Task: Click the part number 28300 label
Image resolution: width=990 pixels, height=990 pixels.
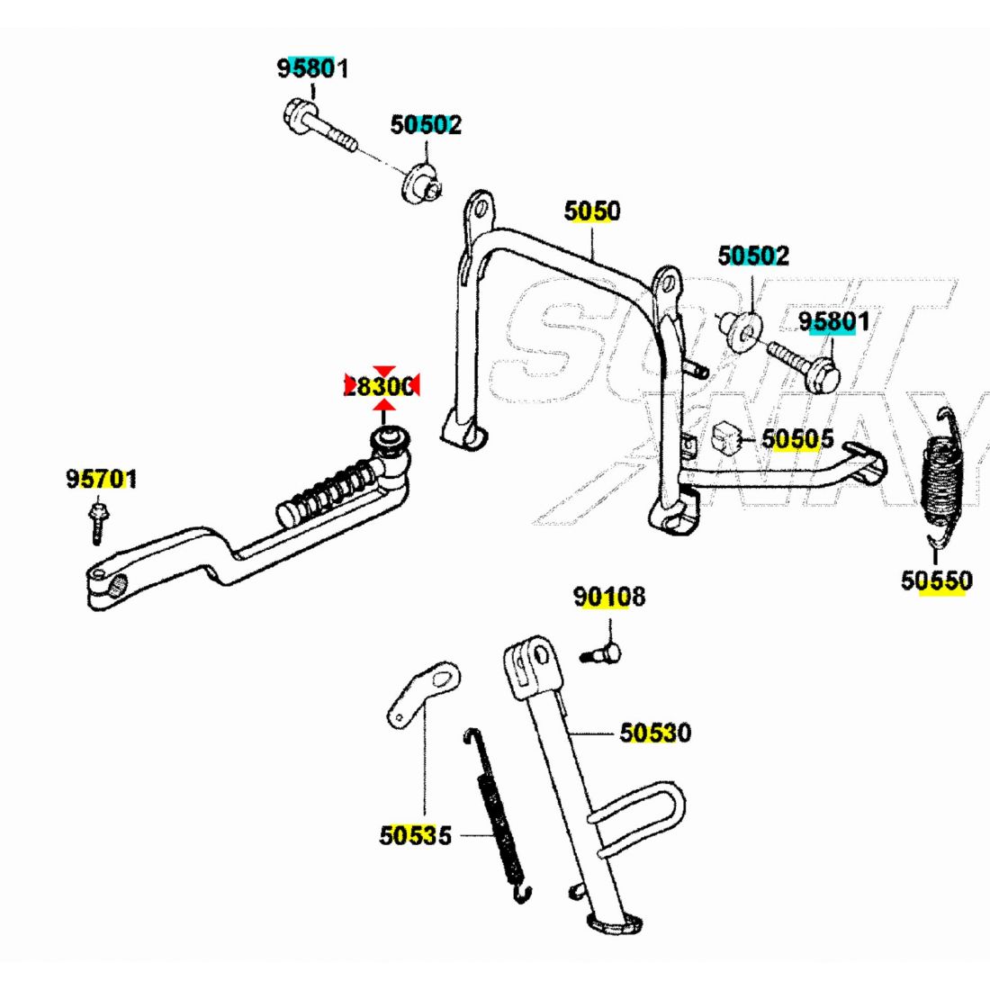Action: pos(381,387)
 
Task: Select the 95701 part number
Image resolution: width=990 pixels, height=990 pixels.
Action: pos(102,479)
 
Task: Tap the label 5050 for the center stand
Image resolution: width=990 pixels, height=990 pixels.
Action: pos(592,211)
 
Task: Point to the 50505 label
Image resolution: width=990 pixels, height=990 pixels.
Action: pos(797,439)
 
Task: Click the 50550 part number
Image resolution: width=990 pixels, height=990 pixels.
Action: pos(936,581)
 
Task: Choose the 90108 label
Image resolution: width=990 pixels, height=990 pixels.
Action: pos(609,597)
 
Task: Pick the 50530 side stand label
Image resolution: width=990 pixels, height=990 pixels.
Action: pos(655,733)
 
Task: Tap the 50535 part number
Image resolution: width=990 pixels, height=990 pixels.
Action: pos(415,836)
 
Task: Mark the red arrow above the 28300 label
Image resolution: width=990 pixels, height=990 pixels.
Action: pos(384,371)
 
